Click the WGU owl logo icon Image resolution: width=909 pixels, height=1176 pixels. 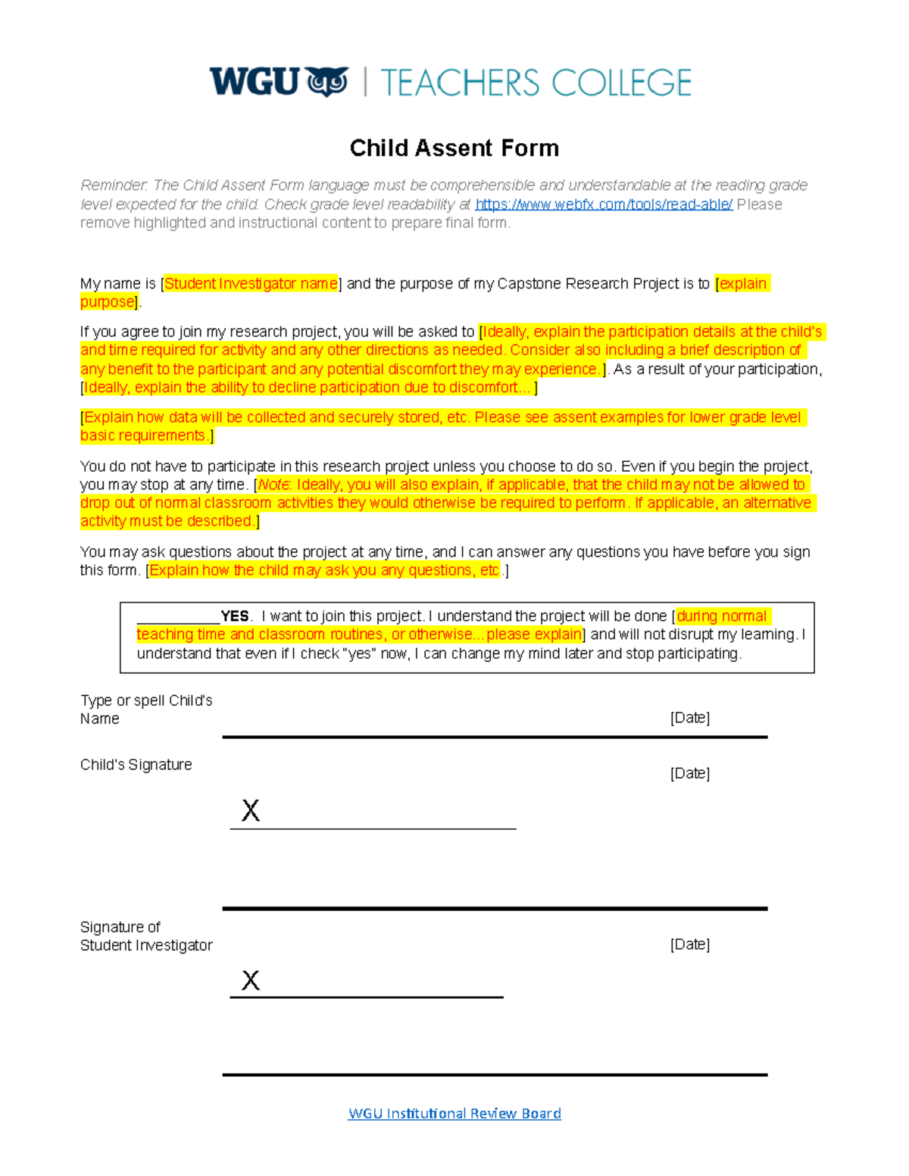click(327, 82)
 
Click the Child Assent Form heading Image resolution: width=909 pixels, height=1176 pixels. click(454, 148)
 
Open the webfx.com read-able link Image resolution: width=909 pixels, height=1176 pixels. click(604, 204)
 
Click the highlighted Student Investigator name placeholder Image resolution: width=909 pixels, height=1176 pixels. click(251, 284)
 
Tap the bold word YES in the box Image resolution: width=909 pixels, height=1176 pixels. click(235, 616)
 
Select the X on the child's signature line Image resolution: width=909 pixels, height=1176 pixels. click(251, 811)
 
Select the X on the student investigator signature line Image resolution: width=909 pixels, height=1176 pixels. click(251, 981)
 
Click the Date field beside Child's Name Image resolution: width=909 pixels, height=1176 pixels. click(689, 718)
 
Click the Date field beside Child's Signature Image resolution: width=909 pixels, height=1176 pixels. click(689, 773)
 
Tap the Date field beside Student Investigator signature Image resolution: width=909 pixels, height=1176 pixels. click(689, 944)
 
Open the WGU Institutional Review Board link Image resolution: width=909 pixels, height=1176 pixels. click(454, 1113)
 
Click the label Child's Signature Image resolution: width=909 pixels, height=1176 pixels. click(136, 765)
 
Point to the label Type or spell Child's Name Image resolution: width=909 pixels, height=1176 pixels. click(145, 710)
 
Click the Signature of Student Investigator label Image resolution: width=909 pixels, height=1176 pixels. click(146, 936)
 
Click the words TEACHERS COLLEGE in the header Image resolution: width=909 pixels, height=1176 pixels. click(536, 83)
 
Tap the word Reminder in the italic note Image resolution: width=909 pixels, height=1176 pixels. click(114, 186)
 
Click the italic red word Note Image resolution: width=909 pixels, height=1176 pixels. click(274, 485)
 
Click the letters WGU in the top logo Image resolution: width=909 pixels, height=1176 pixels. click(255, 81)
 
